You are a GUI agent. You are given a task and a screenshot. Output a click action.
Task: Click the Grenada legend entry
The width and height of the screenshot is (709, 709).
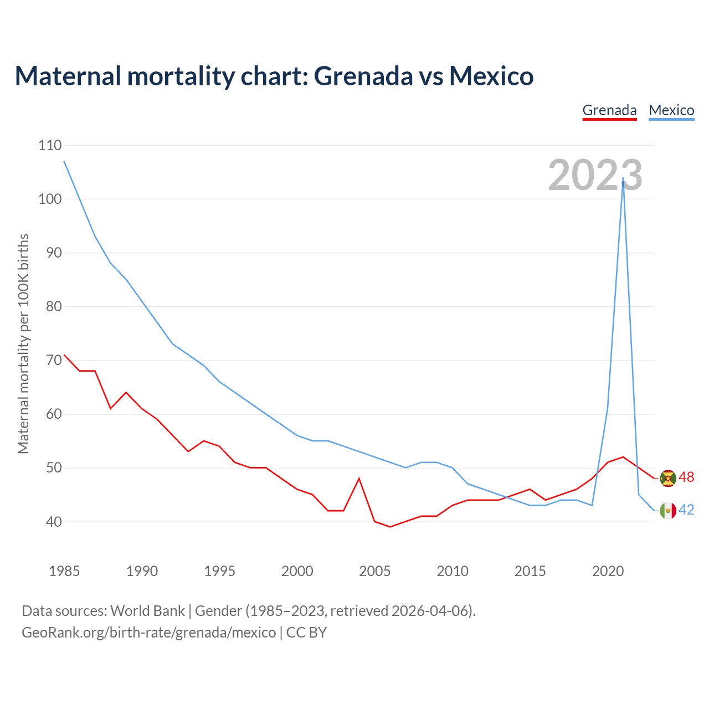pyautogui.click(x=609, y=110)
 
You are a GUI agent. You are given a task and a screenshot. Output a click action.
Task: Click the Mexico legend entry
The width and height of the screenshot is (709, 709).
pyautogui.click(x=671, y=110)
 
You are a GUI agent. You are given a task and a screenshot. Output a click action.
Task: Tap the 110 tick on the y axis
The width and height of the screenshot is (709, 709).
pyautogui.click(x=50, y=146)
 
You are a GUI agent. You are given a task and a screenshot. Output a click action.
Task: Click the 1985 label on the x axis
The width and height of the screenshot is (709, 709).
pyautogui.click(x=64, y=571)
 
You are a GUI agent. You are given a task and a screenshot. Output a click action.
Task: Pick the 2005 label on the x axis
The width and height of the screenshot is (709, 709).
pyautogui.click(x=375, y=571)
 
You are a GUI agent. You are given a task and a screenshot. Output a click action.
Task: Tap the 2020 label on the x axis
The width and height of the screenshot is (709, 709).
pyautogui.click(x=608, y=571)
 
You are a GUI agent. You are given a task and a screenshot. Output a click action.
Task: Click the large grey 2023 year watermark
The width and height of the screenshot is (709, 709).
pyautogui.click(x=595, y=175)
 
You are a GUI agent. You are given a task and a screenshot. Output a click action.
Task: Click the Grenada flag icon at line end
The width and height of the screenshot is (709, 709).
pyautogui.click(x=668, y=478)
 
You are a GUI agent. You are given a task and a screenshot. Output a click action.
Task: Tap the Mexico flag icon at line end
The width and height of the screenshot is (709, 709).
pyautogui.click(x=668, y=510)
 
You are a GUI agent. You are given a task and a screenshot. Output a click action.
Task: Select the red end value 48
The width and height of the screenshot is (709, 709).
pyautogui.click(x=686, y=477)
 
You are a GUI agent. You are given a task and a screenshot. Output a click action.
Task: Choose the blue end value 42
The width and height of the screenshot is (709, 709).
pyautogui.click(x=686, y=510)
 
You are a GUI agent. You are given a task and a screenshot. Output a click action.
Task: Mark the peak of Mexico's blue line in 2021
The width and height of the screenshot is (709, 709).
pyautogui.click(x=623, y=178)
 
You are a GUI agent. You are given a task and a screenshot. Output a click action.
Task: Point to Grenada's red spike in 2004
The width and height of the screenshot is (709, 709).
pyautogui.click(x=359, y=478)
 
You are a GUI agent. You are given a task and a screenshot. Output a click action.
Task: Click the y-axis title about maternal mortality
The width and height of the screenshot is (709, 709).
pyautogui.click(x=23, y=343)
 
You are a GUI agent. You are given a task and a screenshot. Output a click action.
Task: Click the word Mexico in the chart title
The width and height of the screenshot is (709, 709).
pyautogui.click(x=491, y=76)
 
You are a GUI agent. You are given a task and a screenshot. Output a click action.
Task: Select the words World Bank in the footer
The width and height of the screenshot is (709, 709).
pyautogui.click(x=147, y=611)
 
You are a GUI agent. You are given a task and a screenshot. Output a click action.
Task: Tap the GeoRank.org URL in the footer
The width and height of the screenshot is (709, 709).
pyautogui.click(x=148, y=633)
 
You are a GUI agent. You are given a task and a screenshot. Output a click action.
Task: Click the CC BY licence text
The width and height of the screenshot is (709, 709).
pyautogui.click(x=306, y=633)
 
